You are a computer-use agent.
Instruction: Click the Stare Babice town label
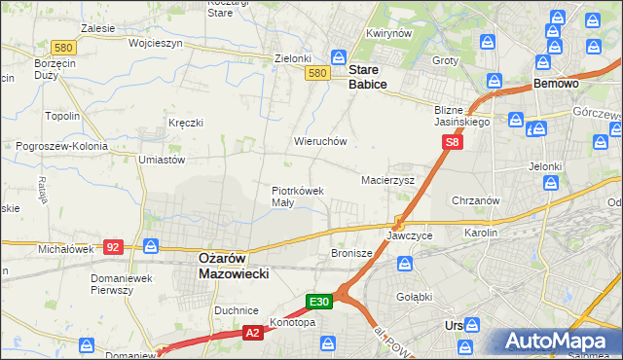(368, 78)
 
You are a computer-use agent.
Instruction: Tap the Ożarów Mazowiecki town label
(233, 266)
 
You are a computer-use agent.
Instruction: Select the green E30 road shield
(321, 303)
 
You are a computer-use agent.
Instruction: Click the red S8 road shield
(452, 142)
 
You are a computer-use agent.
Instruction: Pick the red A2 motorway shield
(252, 333)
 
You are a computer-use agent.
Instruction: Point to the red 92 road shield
(113, 247)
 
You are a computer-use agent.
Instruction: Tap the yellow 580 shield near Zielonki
(316, 73)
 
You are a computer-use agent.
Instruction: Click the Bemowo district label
(556, 85)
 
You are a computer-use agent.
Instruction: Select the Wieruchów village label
(320, 141)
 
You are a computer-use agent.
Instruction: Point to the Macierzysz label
(387, 181)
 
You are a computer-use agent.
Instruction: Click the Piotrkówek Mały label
(297, 197)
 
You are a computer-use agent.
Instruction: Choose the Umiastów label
(162, 160)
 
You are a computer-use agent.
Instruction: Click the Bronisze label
(352, 253)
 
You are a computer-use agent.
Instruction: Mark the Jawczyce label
(409, 236)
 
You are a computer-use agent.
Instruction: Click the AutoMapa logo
(559, 342)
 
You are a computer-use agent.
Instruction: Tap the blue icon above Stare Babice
(339, 57)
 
